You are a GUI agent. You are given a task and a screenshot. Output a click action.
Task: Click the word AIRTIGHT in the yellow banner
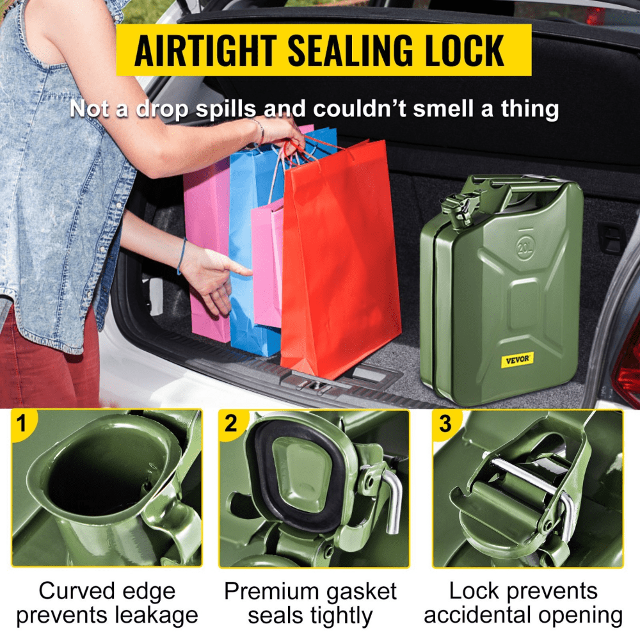point(205,50)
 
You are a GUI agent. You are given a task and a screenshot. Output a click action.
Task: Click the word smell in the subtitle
point(445,109)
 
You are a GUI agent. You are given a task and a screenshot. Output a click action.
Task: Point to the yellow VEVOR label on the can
point(517,360)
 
